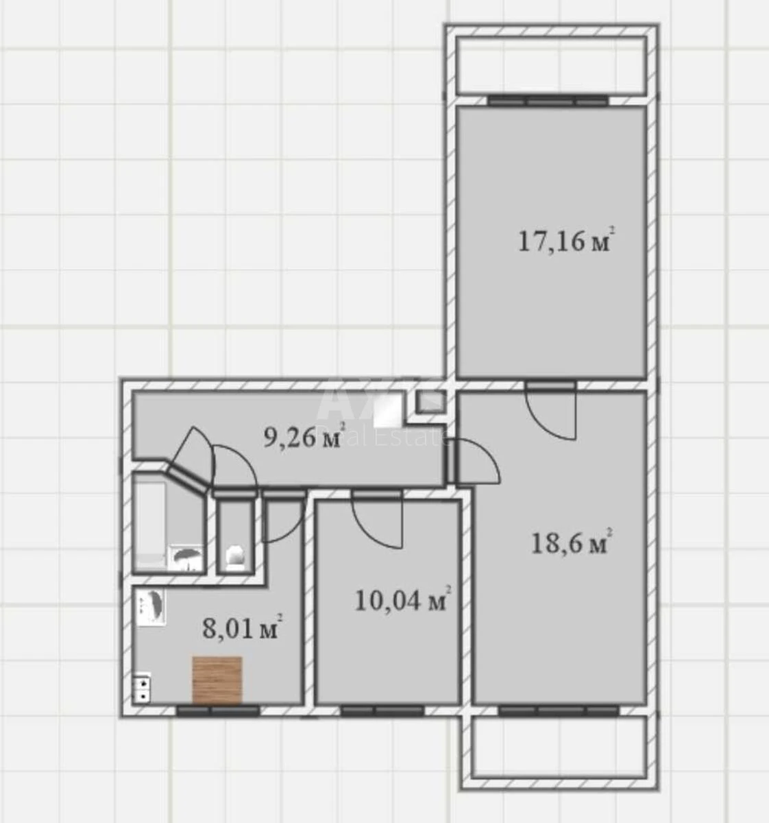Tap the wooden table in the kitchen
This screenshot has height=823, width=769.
click(217, 680)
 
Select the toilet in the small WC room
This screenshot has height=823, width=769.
click(235, 557)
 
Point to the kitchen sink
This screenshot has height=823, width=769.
click(151, 607)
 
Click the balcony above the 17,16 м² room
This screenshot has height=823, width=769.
click(551, 66)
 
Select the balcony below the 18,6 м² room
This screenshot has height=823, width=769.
click(559, 747)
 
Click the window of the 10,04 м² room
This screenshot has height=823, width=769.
click(382, 711)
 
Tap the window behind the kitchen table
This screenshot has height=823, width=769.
click(218, 711)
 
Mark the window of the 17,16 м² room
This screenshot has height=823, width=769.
click(548, 101)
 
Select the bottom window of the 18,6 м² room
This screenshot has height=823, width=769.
click(558, 711)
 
